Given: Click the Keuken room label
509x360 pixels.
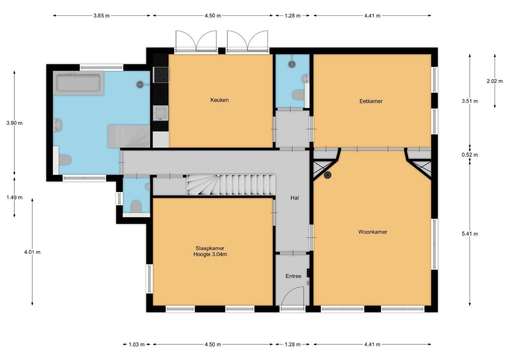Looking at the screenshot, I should pyautogui.click(x=219, y=100).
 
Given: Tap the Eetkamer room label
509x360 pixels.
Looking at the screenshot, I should pyautogui.click(x=371, y=101).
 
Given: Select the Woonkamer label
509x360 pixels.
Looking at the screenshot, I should pyautogui.click(x=372, y=232).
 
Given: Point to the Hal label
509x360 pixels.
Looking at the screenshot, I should pyautogui.click(x=294, y=198).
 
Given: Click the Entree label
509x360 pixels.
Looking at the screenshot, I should pyautogui.click(x=293, y=276).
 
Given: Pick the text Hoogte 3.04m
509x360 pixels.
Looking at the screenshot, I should pyautogui.click(x=210, y=255).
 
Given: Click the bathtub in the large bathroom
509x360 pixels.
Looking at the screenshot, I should pyautogui.click(x=78, y=83).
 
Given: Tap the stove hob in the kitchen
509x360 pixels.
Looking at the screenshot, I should pyautogui.click(x=161, y=75).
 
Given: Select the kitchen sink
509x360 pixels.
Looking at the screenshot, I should pyautogui.click(x=161, y=113).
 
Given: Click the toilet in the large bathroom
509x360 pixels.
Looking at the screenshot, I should pyautogui.click(x=65, y=160).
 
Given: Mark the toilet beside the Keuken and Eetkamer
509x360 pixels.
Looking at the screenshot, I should pyautogui.click(x=298, y=95).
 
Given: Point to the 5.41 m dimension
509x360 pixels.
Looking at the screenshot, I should pyautogui.click(x=469, y=234).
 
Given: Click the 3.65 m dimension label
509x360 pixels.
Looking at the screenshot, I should pyautogui.click(x=101, y=16).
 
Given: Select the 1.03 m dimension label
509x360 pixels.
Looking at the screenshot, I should pyautogui.click(x=137, y=345).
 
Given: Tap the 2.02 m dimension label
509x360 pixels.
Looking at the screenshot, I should pyautogui.click(x=494, y=81).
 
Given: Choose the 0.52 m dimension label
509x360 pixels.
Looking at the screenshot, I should pyautogui.click(x=469, y=155).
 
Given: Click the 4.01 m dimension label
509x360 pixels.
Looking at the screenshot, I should pyautogui.click(x=32, y=252).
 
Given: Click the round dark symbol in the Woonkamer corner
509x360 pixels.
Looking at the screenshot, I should pyautogui.click(x=328, y=175).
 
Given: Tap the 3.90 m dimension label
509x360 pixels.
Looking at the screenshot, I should pyautogui.click(x=14, y=123).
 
